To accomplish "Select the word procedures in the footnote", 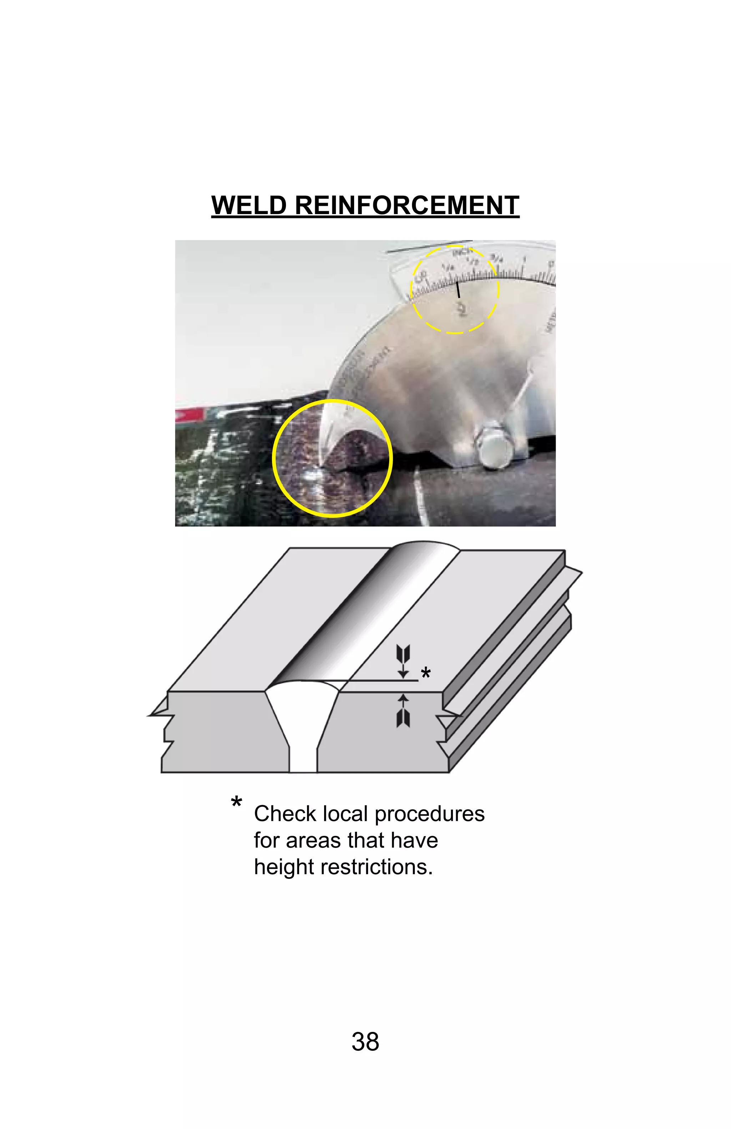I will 429,814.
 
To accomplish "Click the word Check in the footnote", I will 284,814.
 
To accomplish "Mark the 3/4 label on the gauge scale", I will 496,259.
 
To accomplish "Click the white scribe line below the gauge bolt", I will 421,496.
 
